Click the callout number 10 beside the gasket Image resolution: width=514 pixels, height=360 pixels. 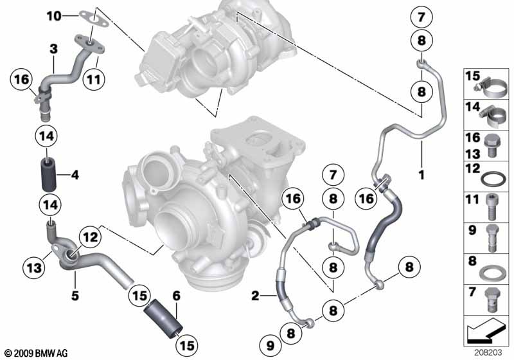click(x=54, y=14)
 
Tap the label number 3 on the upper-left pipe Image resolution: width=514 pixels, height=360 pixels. click(x=54, y=48)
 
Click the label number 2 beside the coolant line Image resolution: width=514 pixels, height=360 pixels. click(x=256, y=296)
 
